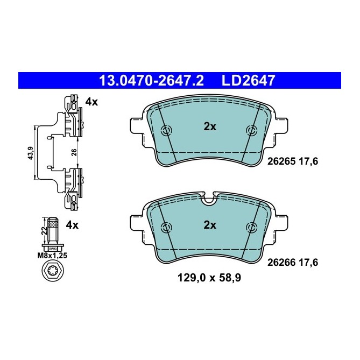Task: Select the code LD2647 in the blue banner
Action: pos(249,81)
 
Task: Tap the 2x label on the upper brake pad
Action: pos(209,127)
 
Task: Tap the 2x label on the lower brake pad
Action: pos(209,225)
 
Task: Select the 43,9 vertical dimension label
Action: pos(31,153)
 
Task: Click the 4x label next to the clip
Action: pos(91,102)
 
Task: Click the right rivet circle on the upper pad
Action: pos(251,130)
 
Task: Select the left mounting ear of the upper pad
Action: pos(137,125)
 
